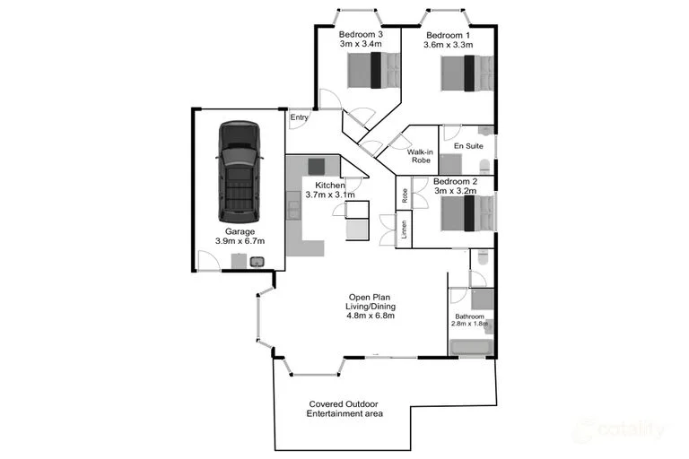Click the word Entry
[299, 117]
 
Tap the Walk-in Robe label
[420, 157]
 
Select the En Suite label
[467, 145]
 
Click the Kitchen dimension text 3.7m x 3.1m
[330, 195]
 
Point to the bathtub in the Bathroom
[470, 347]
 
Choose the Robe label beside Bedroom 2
[405, 196]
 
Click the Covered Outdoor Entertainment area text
[345, 409]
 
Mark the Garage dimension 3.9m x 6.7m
[240, 241]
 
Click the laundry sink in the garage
[257, 262]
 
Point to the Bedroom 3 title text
[361, 34]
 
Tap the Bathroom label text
[469, 317]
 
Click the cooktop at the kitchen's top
[316, 166]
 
